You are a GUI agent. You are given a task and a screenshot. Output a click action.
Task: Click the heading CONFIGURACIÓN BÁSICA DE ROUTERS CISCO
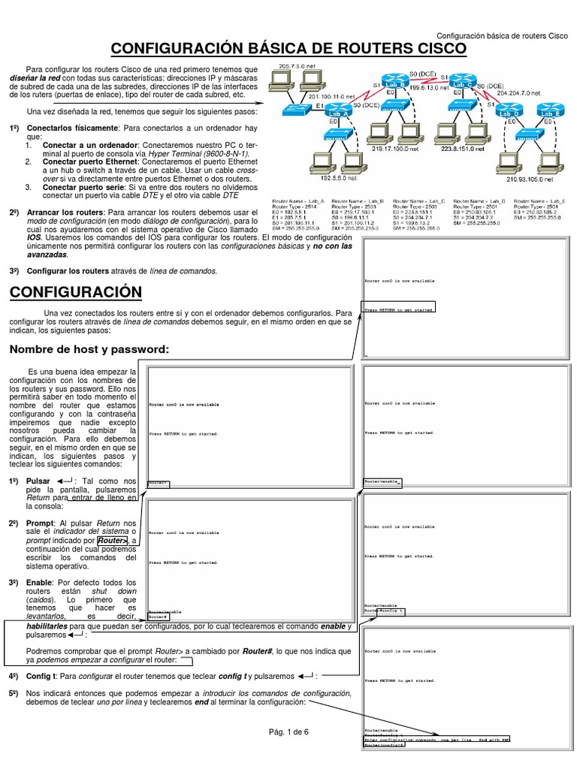pyautogui.click(x=288, y=50)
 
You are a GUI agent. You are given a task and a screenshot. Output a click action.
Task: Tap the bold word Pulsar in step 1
pyautogui.click(x=38, y=481)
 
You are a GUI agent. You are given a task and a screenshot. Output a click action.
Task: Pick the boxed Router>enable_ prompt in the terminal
pyautogui.click(x=383, y=481)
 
